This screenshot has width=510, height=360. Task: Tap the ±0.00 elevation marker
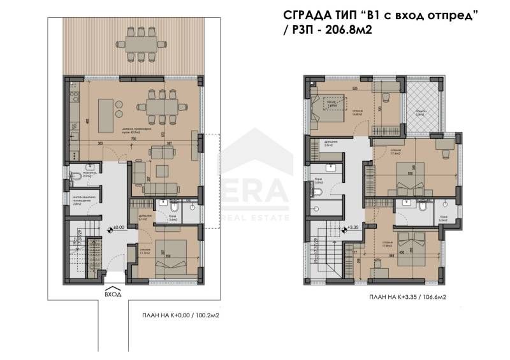coord(117,226)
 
